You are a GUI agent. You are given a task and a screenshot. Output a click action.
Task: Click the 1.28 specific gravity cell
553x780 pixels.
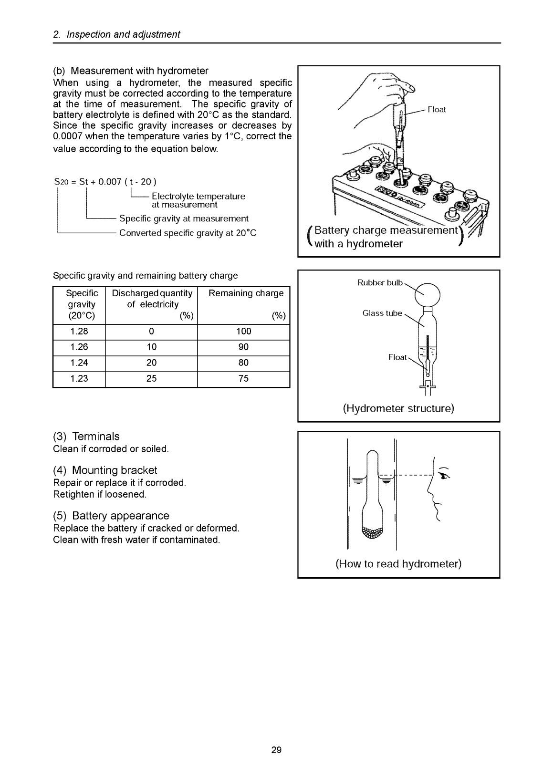click(x=79, y=332)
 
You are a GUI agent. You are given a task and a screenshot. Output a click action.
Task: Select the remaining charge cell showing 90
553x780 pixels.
click(x=243, y=347)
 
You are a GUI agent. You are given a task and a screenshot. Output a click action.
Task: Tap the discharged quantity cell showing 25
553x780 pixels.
click(x=151, y=379)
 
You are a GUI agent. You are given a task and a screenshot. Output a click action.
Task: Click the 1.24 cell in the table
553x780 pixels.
click(x=79, y=363)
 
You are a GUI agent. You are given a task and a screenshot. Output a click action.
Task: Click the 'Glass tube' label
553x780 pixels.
click(x=382, y=313)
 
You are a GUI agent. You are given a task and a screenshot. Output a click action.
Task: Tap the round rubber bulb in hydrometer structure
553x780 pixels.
click(x=428, y=295)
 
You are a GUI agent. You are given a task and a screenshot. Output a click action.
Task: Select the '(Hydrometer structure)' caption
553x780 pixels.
click(x=398, y=409)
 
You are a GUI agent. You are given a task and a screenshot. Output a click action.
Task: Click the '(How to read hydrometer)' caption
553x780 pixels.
click(x=398, y=564)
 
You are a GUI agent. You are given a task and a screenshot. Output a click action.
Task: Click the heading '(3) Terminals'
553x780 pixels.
click(x=86, y=437)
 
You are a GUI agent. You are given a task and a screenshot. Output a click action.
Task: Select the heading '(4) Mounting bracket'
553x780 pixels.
click(x=105, y=470)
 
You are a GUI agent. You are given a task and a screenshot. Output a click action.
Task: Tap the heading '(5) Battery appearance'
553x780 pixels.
click(x=111, y=516)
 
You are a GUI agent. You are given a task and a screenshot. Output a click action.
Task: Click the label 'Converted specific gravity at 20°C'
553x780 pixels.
click(x=188, y=233)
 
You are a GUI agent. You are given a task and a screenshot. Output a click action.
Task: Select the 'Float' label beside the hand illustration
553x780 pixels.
click(x=437, y=110)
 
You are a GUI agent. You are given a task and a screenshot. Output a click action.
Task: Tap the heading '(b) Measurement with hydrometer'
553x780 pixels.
click(x=131, y=71)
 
